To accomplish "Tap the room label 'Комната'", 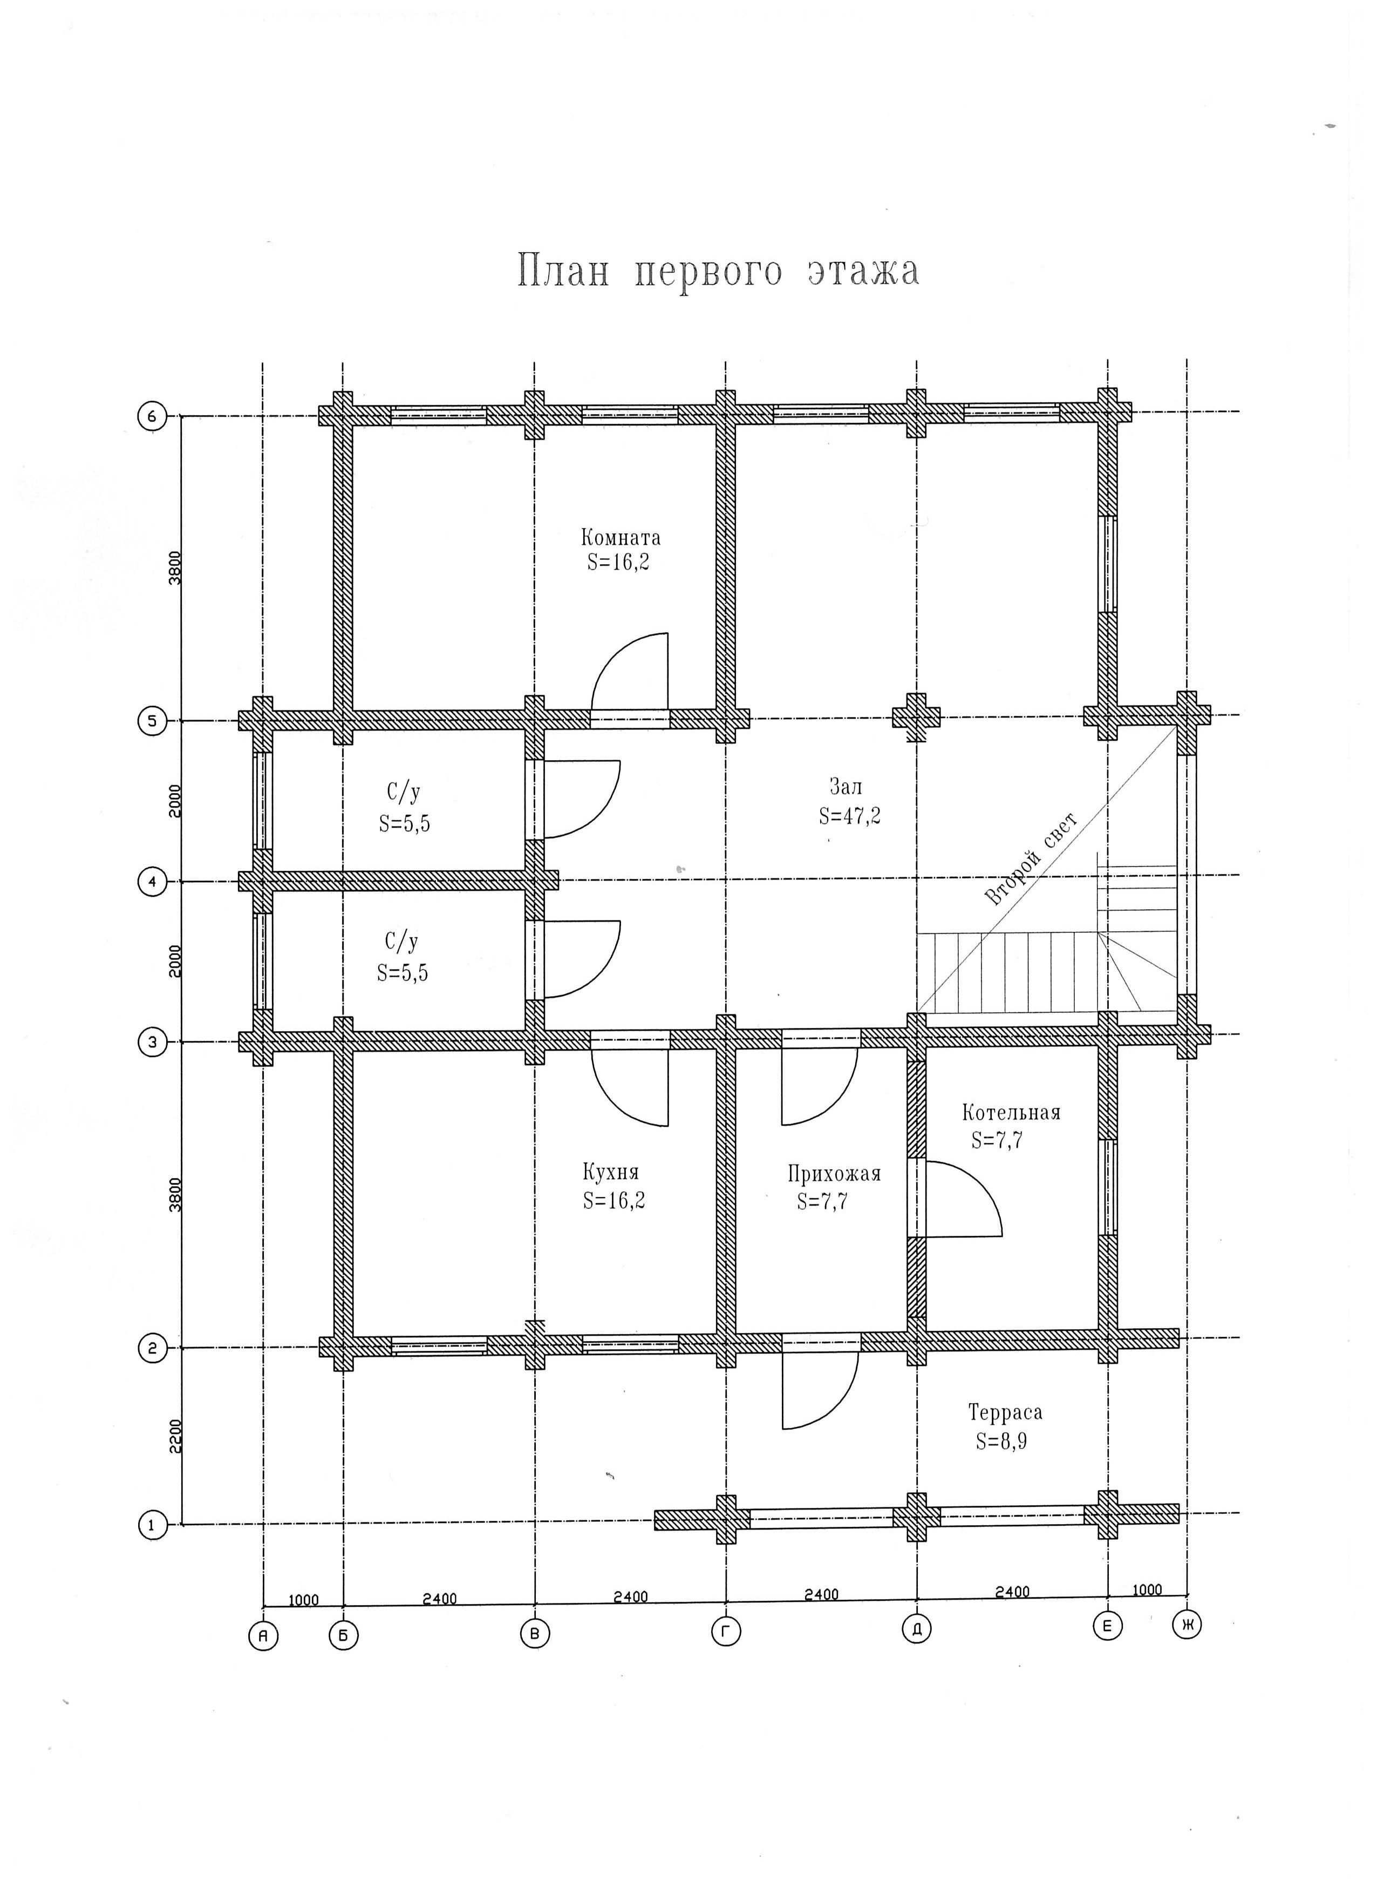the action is pos(621,537).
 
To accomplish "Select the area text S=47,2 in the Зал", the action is pos(849,815).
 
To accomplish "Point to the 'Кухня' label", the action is pos(610,1172).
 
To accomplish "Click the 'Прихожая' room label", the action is pos(834,1173).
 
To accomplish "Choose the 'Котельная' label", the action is pos(1011,1112).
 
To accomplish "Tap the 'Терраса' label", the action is pos(1005,1412).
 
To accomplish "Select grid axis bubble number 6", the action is pos(152,415).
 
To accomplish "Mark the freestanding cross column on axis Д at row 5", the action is pos(917,717).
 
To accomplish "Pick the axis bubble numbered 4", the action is pos(152,882).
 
